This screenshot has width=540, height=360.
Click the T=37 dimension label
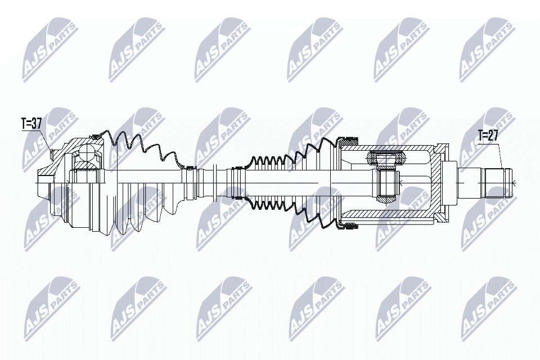[31, 124]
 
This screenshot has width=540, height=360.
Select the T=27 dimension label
[488, 135]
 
